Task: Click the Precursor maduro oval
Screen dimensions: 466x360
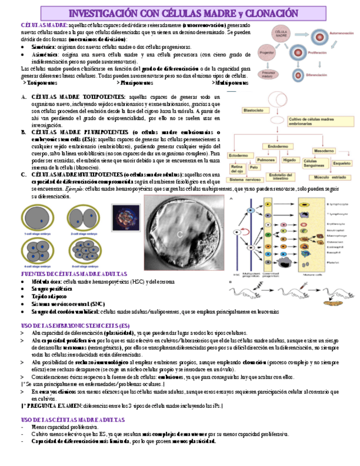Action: point(268,74)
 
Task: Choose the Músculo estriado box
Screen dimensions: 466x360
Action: point(329,176)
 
